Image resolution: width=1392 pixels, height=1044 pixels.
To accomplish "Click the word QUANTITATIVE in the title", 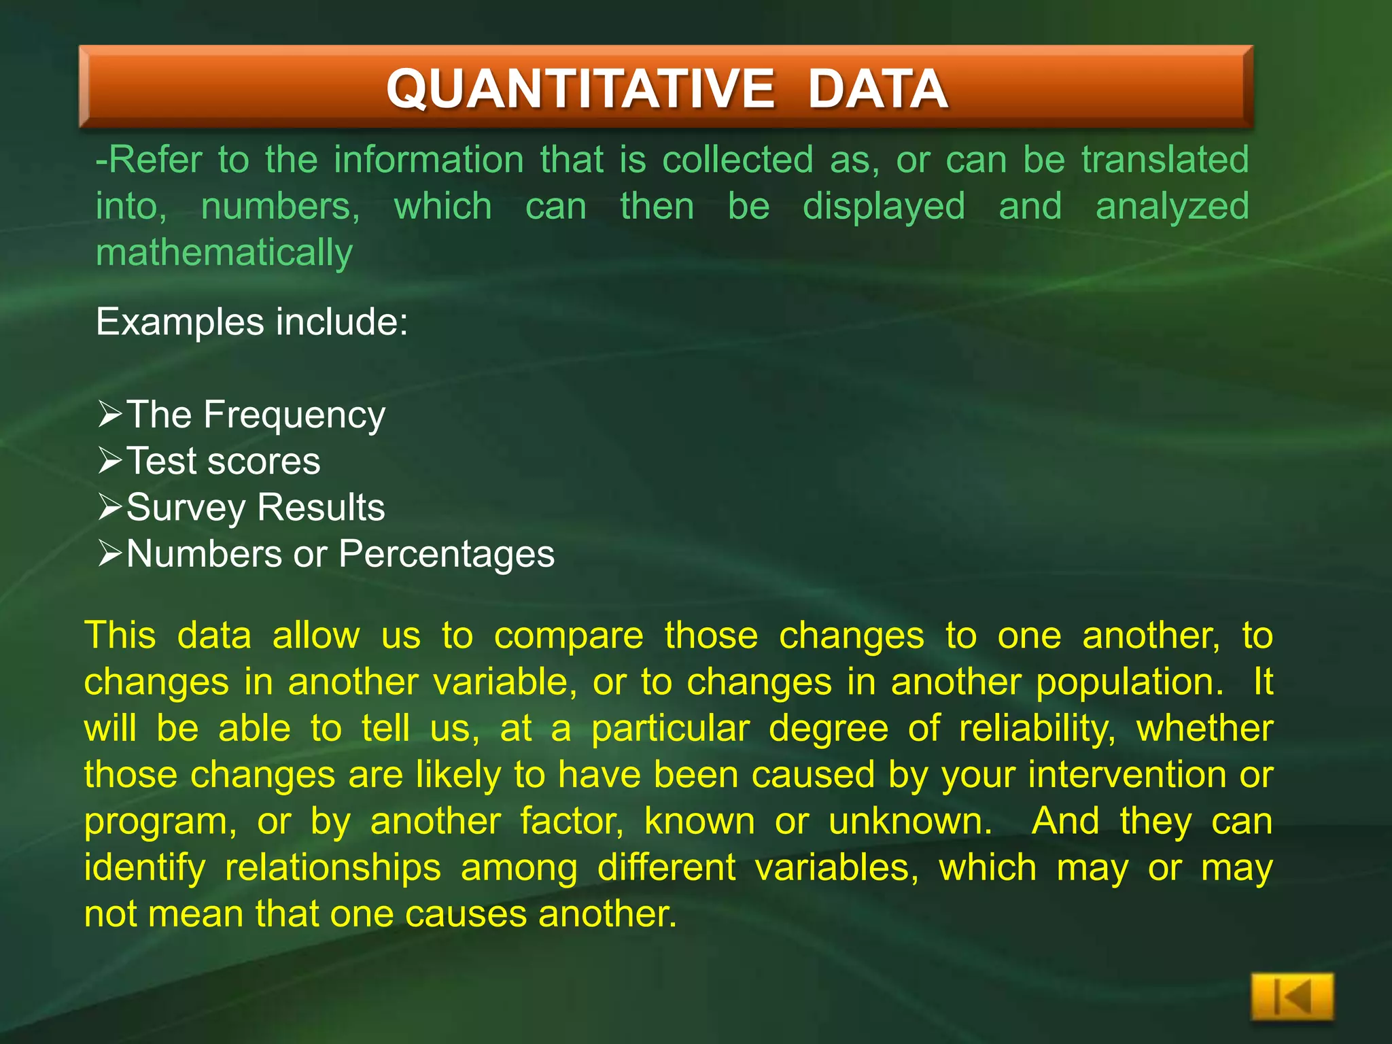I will [580, 89].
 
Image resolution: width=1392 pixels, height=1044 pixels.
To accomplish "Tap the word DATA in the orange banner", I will [877, 89].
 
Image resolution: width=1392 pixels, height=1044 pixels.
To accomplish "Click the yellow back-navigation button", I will [1291, 997].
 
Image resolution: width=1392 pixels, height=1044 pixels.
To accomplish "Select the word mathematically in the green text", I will [224, 254].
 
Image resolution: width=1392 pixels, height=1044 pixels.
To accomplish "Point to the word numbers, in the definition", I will [280, 207].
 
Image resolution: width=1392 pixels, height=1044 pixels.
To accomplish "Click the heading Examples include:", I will [252, 321].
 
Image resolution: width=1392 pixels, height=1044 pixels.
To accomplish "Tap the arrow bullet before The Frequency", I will [110, 413].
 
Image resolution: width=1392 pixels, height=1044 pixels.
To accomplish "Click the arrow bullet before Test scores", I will [110, 460].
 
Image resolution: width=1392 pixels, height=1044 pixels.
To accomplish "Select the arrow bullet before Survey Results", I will [110, 506].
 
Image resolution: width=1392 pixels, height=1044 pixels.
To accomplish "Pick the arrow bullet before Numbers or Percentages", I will [110, 553].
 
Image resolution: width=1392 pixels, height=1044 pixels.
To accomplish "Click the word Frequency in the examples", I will [294, 415].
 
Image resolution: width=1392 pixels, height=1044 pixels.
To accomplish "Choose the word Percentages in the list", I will [447, 555].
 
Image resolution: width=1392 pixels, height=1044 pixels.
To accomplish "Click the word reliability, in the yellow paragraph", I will [1037, 729].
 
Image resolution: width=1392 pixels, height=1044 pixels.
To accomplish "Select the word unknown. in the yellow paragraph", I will [910, 821].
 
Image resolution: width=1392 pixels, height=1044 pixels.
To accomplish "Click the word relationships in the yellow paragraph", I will [333, 868].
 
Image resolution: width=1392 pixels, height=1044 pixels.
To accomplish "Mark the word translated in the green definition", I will [1165, 160].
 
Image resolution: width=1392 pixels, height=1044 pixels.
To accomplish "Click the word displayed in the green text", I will [884, 207].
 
